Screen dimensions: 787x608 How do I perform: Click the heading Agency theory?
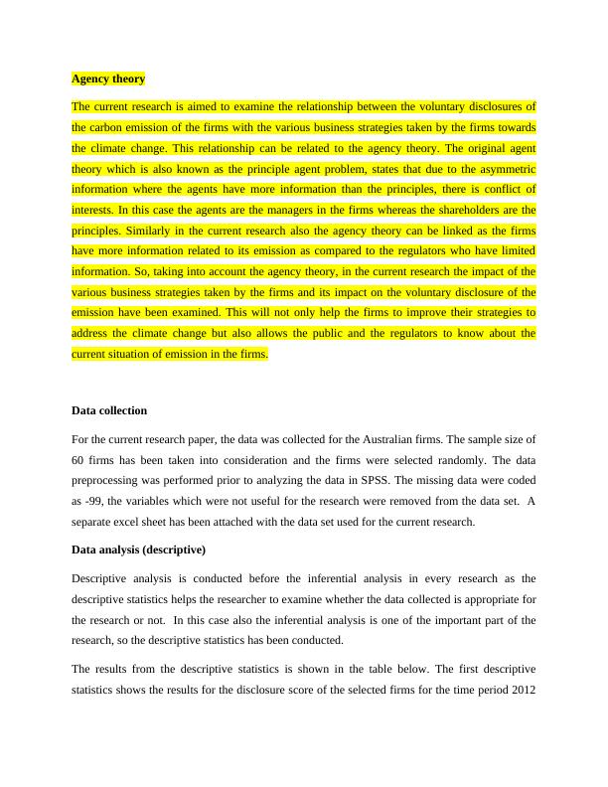click(108, 79)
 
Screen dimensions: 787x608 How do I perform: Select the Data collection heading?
click(109, 409)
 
